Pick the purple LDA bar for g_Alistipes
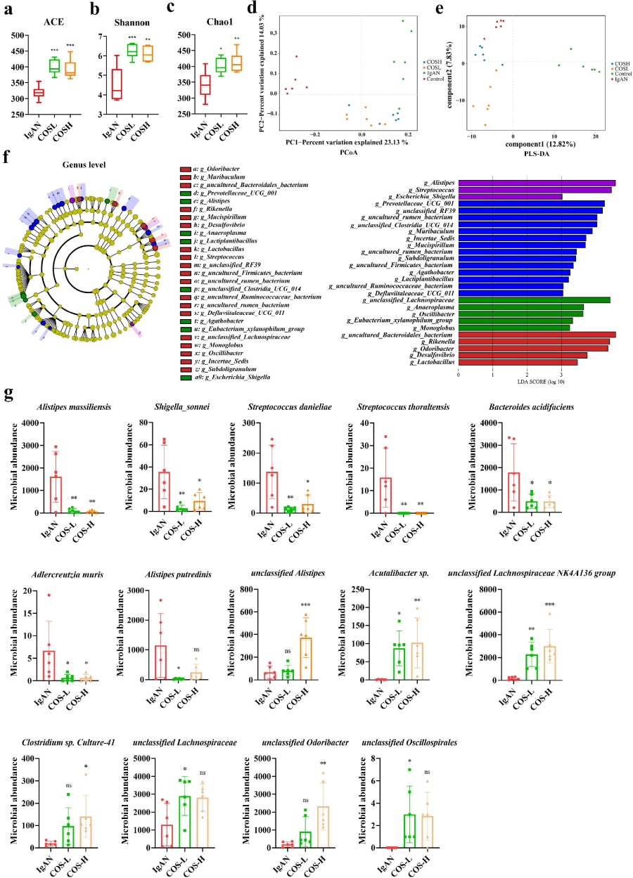[x=537, y=183]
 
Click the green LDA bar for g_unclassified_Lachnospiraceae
[x=534, y=300]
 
